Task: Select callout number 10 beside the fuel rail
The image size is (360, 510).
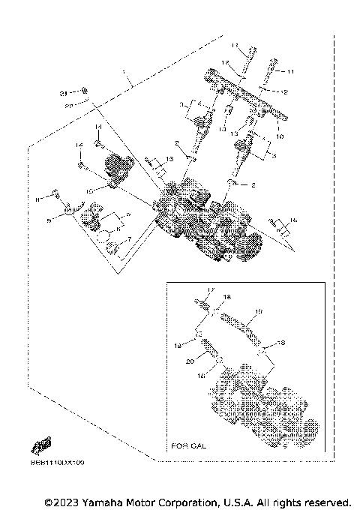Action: click(x=280, y=137)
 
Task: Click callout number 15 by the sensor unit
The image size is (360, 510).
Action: click(x=88, y=191)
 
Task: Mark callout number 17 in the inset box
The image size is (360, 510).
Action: click(x=211, y=290)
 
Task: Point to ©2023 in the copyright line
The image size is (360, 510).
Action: click(x=61, y=501)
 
